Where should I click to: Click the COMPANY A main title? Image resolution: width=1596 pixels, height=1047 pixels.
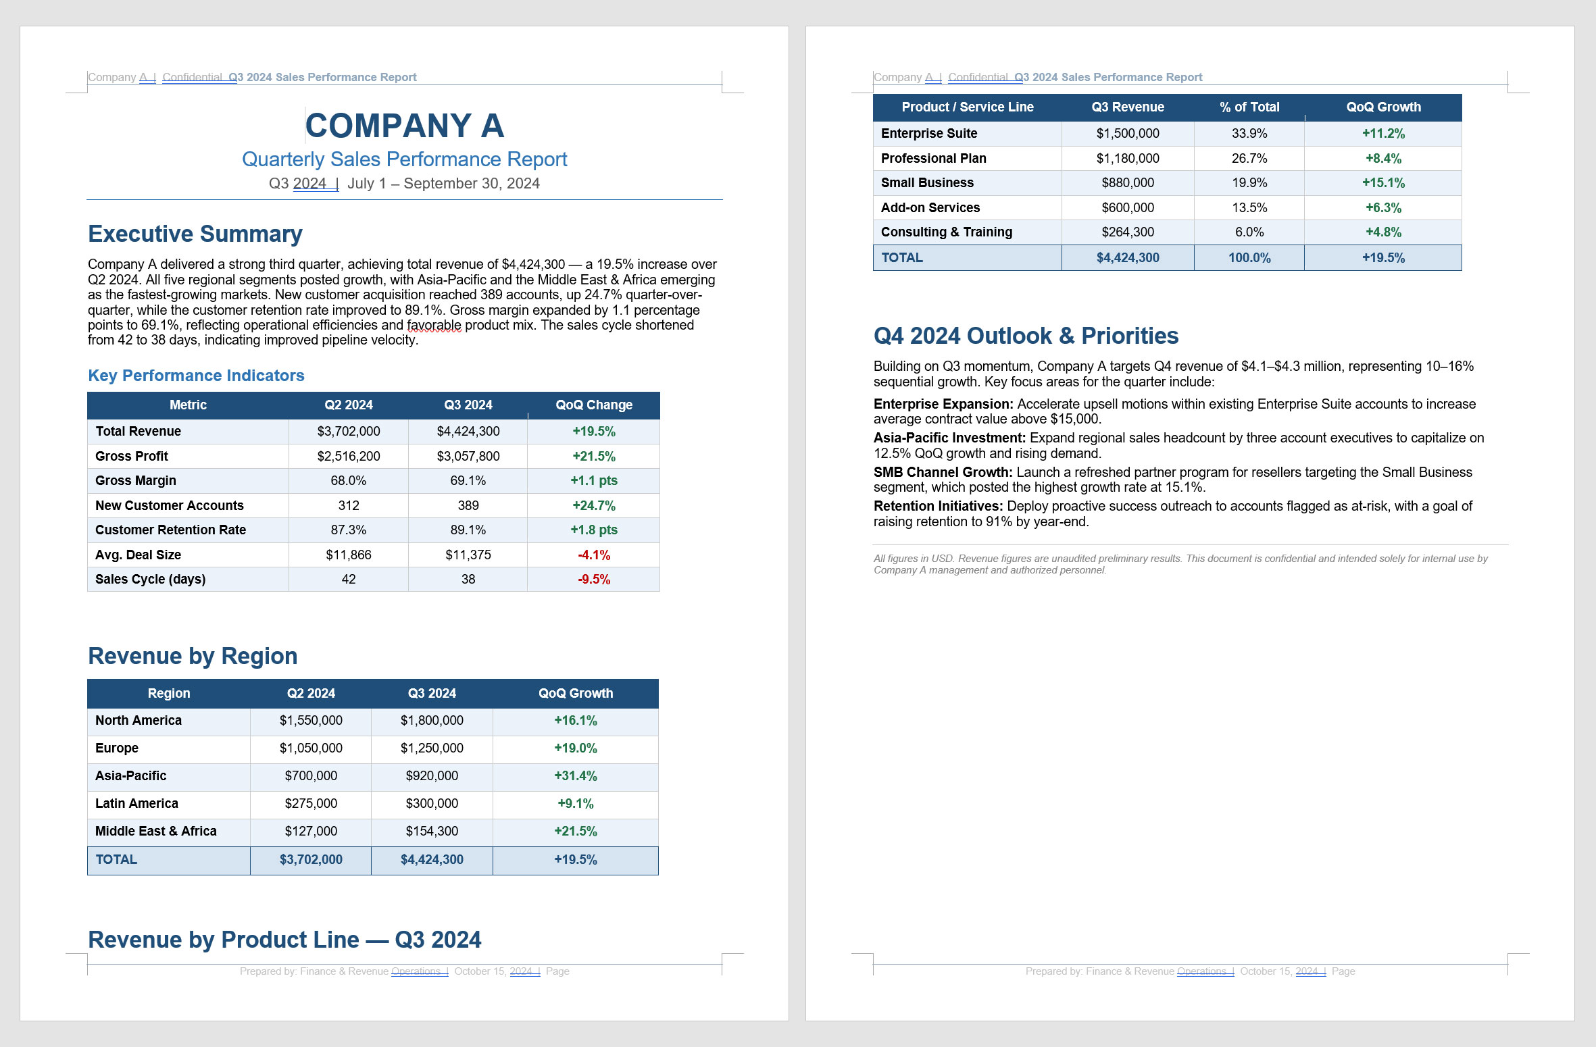pos(404,126)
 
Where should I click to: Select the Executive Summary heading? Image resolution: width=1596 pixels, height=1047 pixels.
pos(195,234)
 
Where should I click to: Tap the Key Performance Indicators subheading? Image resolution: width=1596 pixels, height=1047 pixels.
pos(196,376)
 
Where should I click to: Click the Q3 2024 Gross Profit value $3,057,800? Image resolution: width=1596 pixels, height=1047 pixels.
pos(468,456)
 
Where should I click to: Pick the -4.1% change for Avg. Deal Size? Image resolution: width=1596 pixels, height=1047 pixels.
pos(593,555)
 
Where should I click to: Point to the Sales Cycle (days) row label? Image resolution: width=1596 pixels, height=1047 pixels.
pos(150,579)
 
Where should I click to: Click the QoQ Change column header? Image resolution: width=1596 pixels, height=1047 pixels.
pos(593,405)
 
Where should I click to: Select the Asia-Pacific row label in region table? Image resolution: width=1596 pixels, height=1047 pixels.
pos(130,775)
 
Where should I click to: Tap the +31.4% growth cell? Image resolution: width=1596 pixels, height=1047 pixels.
pos(575,775)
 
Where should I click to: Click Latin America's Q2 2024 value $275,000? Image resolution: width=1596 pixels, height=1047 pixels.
pos(311,803)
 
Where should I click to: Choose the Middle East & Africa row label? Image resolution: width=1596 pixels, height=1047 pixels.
pos(155,831)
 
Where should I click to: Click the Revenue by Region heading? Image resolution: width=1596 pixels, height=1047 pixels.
pos(193,656)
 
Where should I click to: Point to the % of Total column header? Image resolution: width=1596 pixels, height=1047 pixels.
pos(1249,107)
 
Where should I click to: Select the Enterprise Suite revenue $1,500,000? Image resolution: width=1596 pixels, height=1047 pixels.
pos(1127,133)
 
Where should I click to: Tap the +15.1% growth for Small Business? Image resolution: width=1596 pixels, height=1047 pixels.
pos(1382,182)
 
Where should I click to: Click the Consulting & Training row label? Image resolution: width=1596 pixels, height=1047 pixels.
pos(946,232)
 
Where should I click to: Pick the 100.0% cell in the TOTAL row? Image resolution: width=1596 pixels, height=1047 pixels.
pos(1249,257)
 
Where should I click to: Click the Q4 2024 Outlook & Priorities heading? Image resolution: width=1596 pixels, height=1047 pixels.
pos(1025,336)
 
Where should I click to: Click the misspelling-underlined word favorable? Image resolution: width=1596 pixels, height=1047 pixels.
pos(434,325)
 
